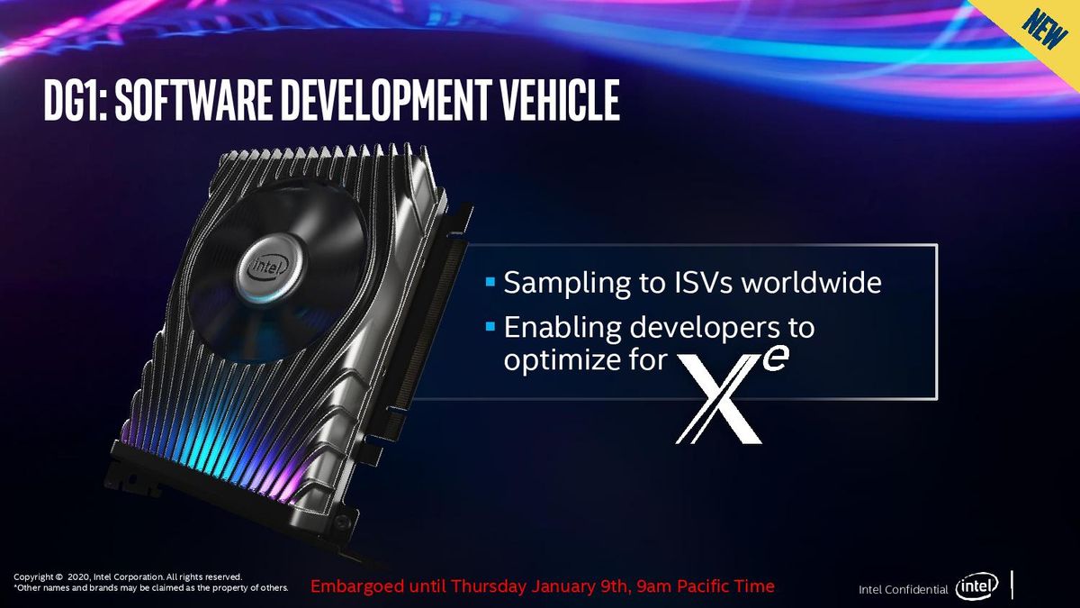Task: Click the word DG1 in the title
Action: [76, 100]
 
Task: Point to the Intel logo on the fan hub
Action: [268, 267]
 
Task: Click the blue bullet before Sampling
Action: [490, 281]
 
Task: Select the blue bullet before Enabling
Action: [490, 327]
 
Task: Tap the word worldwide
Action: [812, 282]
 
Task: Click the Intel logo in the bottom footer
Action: [976, 586]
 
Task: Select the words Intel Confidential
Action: [903, 590]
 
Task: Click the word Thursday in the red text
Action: [488, 586]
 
